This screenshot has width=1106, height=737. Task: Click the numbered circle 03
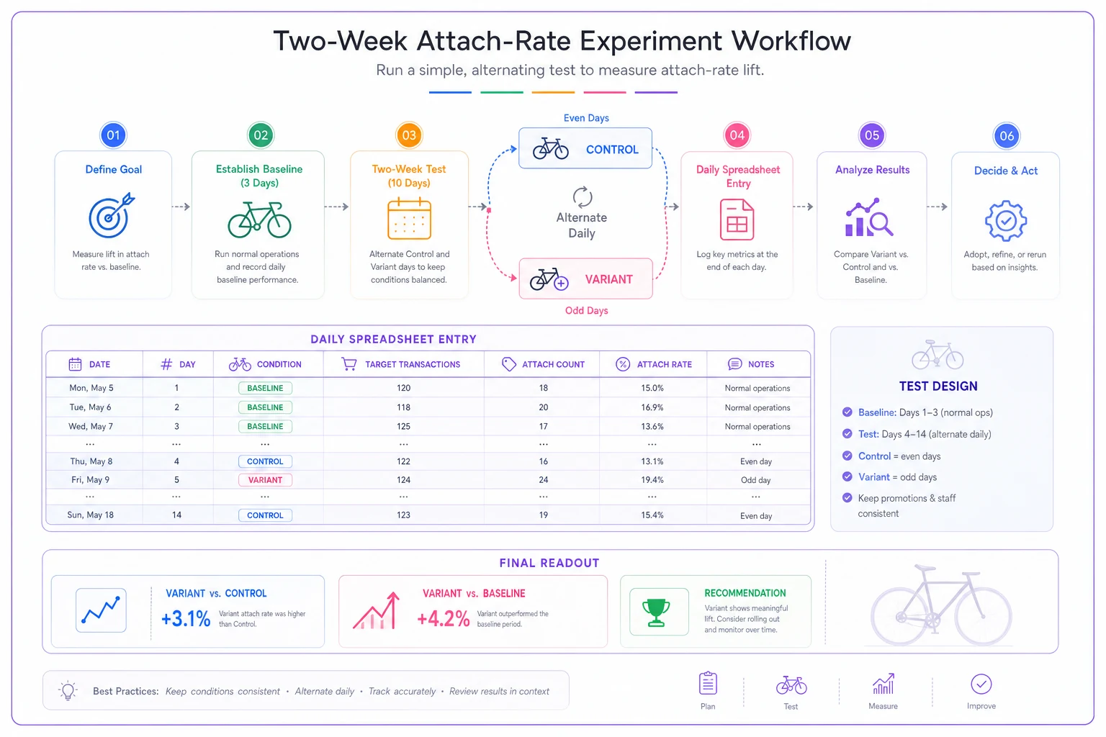click(409, 135)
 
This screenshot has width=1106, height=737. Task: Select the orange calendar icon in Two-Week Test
click(409, 218)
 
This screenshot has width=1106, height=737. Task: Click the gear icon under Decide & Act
click(1006, 221)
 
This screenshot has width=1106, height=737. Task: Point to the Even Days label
click(586, 118)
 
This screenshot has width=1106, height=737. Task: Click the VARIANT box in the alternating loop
click(585, 279)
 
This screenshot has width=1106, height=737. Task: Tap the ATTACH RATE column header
click(654, 364)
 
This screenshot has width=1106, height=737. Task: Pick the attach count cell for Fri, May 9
click(543, 480)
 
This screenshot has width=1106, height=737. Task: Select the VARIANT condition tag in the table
click(265, 480)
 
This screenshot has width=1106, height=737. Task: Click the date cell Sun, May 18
click(90, 515)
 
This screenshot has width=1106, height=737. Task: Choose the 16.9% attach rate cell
click(652, 407)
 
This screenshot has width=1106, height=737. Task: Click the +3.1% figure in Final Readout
click(186, 618)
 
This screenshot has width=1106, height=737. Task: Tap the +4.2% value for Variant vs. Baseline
click(443, 618)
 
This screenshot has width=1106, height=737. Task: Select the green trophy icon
click(656, 612)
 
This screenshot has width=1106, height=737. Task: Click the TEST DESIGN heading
click(938, 386)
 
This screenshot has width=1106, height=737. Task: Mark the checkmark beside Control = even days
click(848, 456)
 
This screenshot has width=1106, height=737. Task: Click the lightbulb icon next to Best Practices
click(68, 691)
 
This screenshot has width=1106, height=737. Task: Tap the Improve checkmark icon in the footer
click(981, 684)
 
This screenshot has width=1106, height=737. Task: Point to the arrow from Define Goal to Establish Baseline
click(181, 207)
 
